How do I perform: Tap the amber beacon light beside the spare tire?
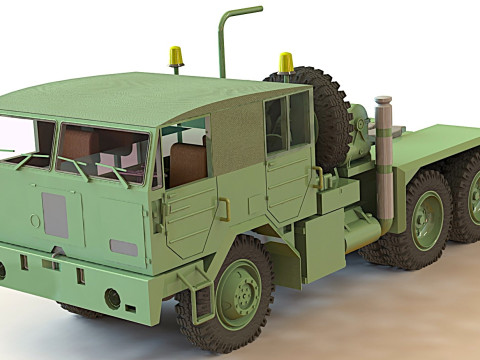286,63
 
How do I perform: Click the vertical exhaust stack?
383,160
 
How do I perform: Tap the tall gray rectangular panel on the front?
55,215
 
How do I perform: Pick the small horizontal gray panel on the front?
124,247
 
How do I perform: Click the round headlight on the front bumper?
112,297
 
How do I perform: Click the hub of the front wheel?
239,294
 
